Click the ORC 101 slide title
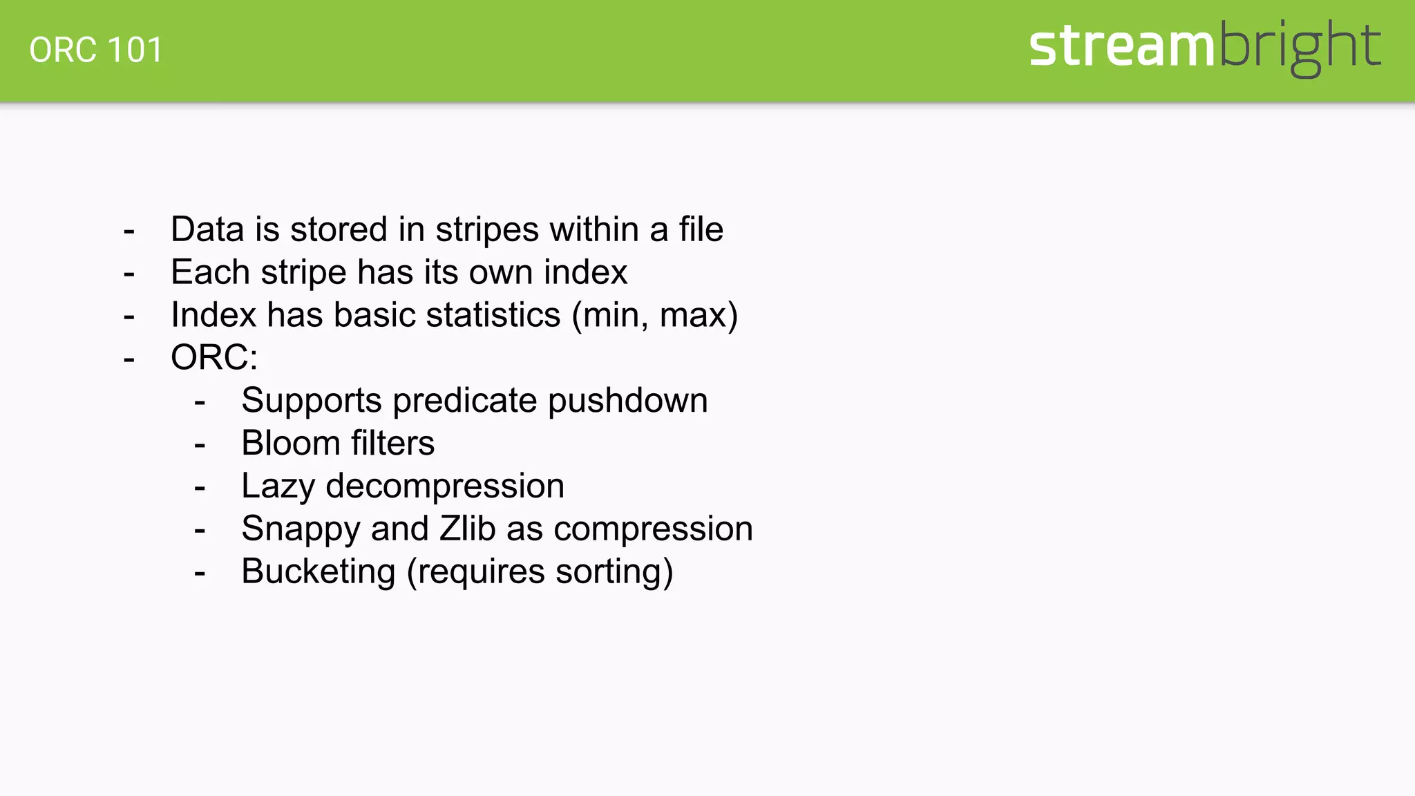click(x=96, y=50)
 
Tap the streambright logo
click(x=1204, y=46)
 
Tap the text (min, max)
click(x=654, y=316)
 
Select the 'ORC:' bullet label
click(x=214, y=358)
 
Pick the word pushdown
click(x=627, y=401)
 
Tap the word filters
click(x=392, y=444)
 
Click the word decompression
click(x=445, y=486)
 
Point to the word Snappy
click(x=301, y=530)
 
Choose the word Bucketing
click(x=319, y=572)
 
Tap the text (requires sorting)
click(x=540, y=572)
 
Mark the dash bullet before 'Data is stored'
click(x=129, y=231)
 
